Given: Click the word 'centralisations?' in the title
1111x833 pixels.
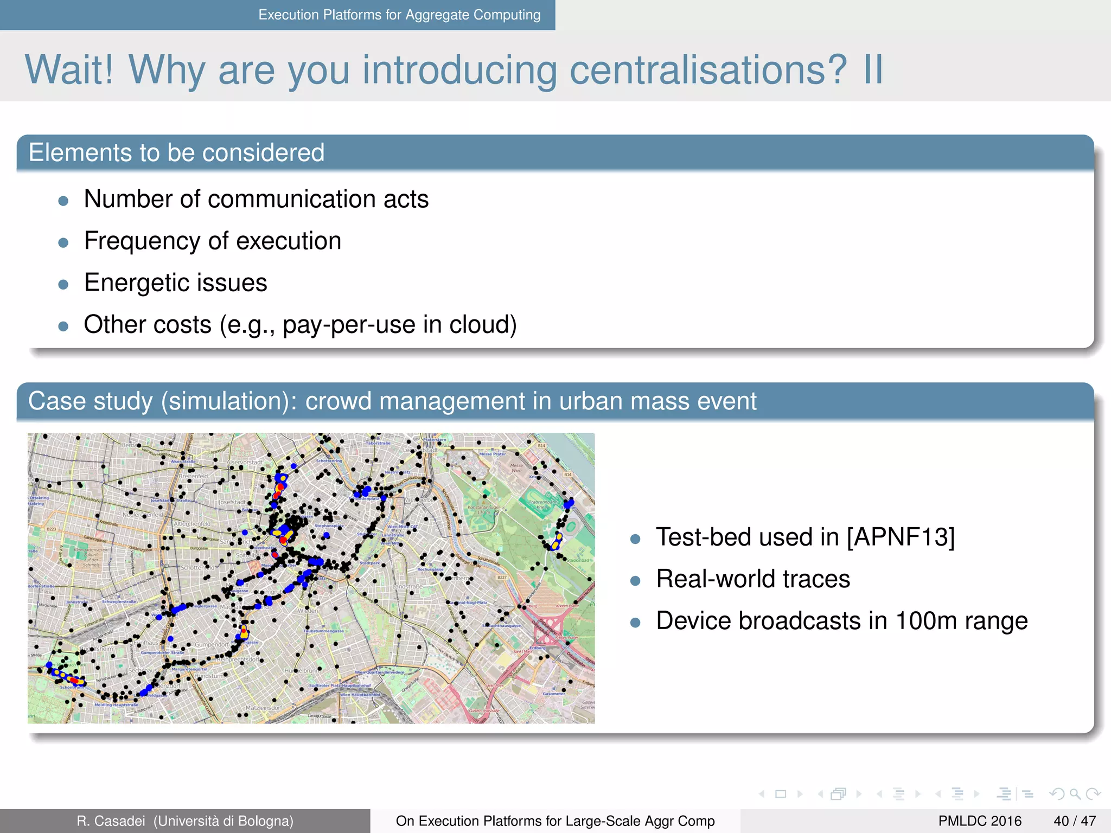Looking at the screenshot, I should point(707,71).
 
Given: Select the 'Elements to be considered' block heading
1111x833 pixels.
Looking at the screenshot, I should point(176,153).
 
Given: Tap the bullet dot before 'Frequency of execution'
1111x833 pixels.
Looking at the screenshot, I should point(63,242).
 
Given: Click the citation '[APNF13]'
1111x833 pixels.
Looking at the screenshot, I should point(901,537).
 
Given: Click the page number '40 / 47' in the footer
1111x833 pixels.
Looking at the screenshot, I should point(1074,821).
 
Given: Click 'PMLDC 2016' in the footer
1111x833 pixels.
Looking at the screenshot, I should point(980,821).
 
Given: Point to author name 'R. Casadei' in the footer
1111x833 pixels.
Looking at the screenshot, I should point(111,821).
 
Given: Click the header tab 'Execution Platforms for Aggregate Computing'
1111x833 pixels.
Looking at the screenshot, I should point(399,15).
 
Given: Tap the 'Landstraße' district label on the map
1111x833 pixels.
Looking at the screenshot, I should point(407,587).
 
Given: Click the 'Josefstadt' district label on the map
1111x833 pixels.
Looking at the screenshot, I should point(232,502).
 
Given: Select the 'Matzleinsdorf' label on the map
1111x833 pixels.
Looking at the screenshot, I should point(264,708).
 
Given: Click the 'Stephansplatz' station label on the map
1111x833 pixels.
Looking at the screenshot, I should point(329,526).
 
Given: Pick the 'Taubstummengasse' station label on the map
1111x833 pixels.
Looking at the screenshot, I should point(323,631).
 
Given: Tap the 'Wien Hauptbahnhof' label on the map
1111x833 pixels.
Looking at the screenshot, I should point(360,695).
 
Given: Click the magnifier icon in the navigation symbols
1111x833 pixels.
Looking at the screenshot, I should point(1075,794).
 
